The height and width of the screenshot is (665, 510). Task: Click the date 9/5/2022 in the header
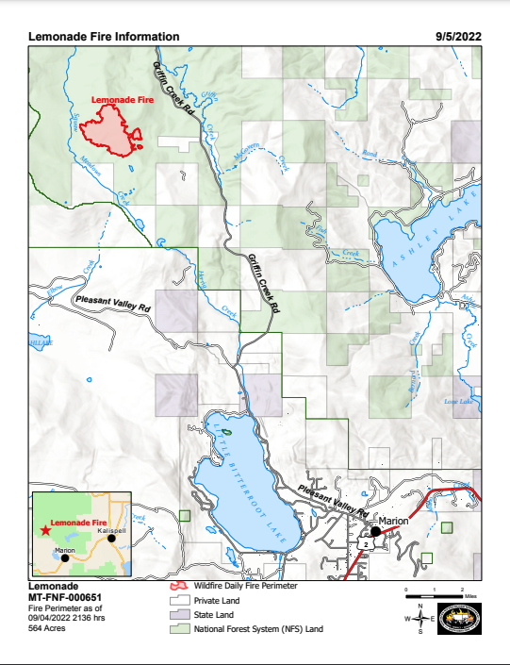pyautogui.click(x=458, y=36)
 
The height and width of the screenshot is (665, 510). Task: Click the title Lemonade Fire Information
pyautogui.click(x=104, y=36)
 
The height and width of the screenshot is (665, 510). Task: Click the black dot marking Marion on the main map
pyautogui.click(x=375, y=531)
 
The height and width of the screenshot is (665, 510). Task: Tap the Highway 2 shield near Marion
pyautogui.click(x=364, y=545)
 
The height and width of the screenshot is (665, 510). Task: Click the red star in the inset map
pyautogui.click(x=44, y=531)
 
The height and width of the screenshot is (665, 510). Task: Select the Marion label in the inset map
pyautogui.click(x=65, y=549)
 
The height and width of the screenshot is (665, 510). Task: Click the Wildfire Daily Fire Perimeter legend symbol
pyautogui.click(x=177, y=586)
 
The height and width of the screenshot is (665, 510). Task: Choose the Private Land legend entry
pyautogui.click(x=217, y=600)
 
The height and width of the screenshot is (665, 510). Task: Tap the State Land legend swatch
pyautogui.click(x=177, y=614)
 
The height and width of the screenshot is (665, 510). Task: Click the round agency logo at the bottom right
pyautogui.click(x=465, y=620)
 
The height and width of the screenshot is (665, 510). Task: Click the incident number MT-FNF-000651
pyautogui.click(x=65, y=596)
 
